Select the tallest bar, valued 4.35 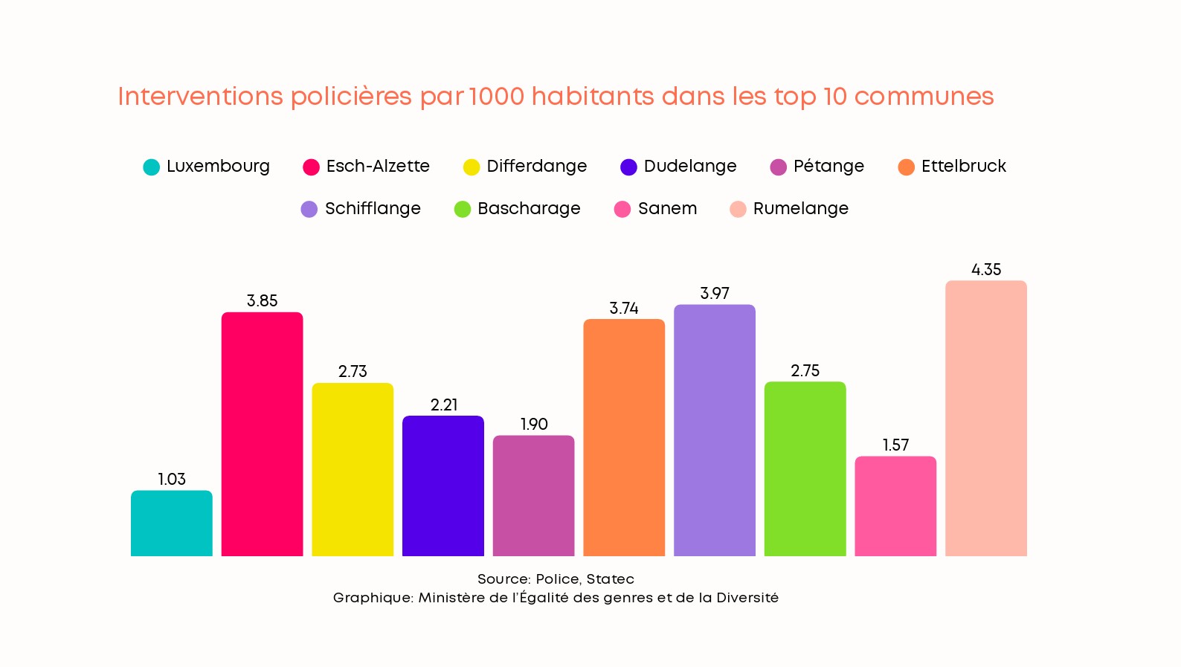(x=985, y=418)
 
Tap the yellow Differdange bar (x=353, y=469)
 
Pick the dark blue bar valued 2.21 (x=443, y=486)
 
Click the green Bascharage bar (x=805, y=468)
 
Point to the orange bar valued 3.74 (x=624, y=437)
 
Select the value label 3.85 (x=262, y=301)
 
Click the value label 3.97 (x=715, y=294)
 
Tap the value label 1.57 (x=895, y=445)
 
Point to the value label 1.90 (x=534, y=425)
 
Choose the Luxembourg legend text (x=218, y=167)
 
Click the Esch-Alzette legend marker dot (x=312, y=167)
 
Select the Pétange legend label (x=828, y=167)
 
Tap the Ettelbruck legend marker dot (x=906, y=167)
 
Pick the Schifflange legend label (x=373, y=209)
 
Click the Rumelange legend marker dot (x=738, y=210)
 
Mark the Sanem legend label (x=667, y=209)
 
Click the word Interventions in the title (x=201, y=97)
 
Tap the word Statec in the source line (x=610, y=579)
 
